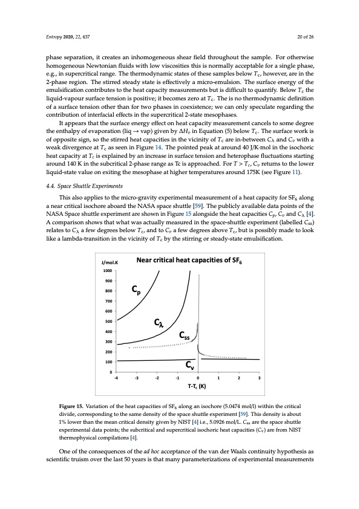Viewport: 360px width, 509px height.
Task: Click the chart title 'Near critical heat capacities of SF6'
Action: point(186,277)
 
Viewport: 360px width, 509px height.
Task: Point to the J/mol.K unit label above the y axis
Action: point(109,279)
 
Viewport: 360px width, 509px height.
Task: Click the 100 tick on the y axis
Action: point(110,361)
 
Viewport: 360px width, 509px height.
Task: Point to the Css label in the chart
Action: point(185,336)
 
